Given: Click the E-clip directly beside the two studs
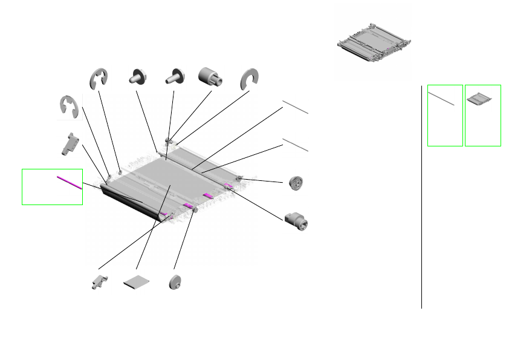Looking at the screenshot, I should [99, 79].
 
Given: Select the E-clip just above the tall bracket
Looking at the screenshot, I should [70, 107].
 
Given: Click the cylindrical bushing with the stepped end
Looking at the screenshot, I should [210, 77].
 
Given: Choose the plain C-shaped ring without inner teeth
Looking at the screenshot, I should [249, 79].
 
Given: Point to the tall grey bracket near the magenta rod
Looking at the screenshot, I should [71, 144].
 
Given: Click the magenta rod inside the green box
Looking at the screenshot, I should [69, 182].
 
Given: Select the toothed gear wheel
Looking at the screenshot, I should [296, 183].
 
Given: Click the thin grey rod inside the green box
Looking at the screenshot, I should [441, 99].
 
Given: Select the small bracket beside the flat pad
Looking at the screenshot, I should [98, 282].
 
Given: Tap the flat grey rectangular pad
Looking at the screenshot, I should [136, 282].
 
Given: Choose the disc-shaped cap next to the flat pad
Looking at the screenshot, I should [176, 282].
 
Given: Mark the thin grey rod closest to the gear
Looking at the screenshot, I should [296, 145].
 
